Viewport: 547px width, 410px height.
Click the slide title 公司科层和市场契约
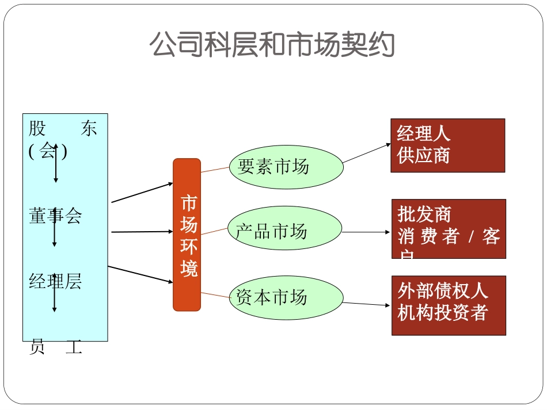[272, 44]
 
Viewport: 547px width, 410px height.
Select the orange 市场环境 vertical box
[187, 235]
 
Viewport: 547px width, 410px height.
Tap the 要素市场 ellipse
[286, 167]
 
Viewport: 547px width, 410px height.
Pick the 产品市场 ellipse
[285, 231]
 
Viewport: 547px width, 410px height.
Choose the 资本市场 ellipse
[286, 297]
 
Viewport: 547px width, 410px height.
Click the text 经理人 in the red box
[423, 134]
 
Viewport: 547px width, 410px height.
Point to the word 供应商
[423, 156]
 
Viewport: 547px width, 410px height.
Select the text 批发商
[424, 214]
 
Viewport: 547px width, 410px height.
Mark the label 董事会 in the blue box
[55, 216]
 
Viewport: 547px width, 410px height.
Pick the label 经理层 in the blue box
[55, 281]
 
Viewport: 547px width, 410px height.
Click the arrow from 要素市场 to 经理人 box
[367, 152]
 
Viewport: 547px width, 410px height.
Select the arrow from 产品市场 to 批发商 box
[366, 232]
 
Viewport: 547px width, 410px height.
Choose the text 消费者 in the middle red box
[428, 236]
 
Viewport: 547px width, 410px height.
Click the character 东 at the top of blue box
[89, 128]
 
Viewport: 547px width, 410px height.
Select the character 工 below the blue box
[74, 348]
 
